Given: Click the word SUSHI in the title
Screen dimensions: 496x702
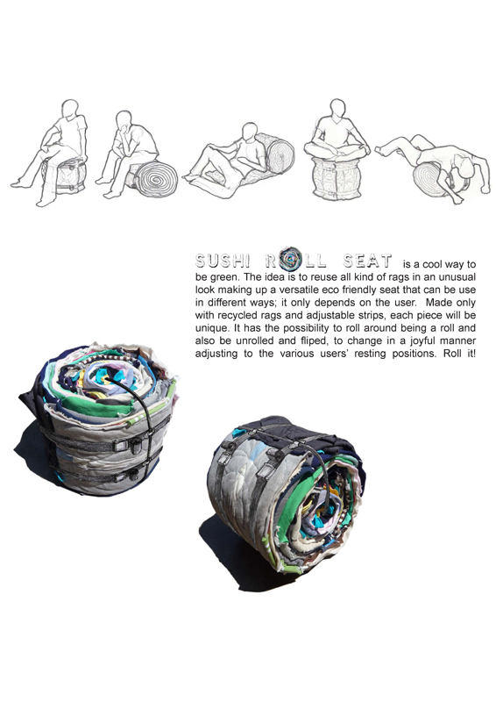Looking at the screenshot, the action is pos(223,261).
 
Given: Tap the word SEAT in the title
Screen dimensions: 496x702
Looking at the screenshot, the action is pos(367,261).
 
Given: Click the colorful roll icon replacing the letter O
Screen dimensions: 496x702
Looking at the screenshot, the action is pos(290,259).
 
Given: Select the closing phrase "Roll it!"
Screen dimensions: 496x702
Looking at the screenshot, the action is pos(459,354).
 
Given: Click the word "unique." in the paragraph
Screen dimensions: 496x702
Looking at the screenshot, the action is pos(209,328).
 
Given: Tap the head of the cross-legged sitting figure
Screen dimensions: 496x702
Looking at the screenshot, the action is pos(338,108).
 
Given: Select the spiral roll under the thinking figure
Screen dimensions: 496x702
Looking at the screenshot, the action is pos(155,178).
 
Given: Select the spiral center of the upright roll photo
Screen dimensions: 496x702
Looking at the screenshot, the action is pos(103,379).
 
